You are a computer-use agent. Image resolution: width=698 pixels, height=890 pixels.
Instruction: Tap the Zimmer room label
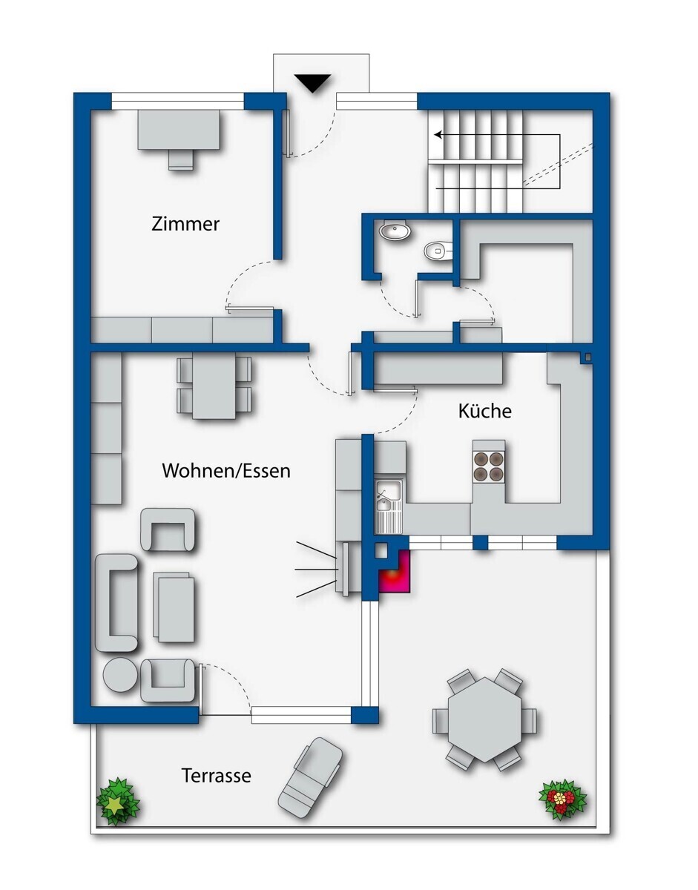[185, 224]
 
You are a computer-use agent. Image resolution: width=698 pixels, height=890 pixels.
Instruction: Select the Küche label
[484, 410]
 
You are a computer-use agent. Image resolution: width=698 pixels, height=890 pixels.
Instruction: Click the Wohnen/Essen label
[226, 471]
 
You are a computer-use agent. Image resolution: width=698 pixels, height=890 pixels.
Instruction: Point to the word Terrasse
[216, 775]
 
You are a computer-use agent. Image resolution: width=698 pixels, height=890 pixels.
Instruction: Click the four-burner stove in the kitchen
[488, 466]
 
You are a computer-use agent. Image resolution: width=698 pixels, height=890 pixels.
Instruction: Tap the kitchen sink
[389, 497]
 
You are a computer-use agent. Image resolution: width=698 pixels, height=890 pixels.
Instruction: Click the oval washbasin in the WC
[395, 231]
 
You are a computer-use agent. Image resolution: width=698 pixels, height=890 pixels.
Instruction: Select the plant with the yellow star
[118, 801]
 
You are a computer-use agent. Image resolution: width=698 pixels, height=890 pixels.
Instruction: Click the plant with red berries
[563, 799]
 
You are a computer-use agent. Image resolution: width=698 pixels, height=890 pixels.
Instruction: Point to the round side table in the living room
[119, 675]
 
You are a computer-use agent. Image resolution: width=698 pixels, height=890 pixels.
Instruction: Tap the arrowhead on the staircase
[438, 134]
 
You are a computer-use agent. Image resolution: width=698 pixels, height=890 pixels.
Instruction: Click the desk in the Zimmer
[178, 129]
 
